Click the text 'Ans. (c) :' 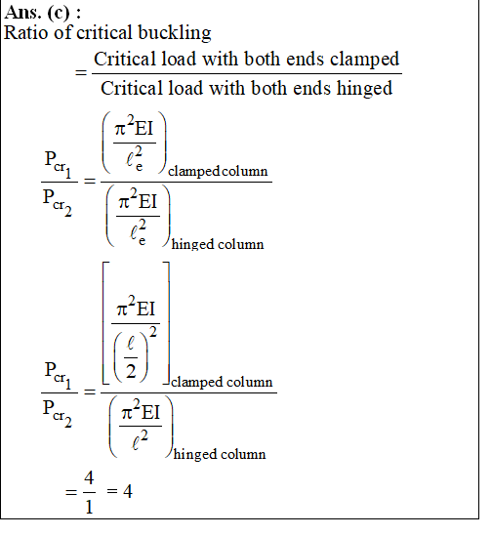[x=42, y=13]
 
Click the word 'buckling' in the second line [x=175, y=33]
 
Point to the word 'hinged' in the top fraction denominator [x=364, y=89]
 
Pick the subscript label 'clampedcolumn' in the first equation [x=218, y=171]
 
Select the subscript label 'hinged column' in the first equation [x=218, y=244]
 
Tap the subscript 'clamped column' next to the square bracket [x=222, y=382]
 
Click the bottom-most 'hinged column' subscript [x=220, y=454]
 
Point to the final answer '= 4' [x=119, y=491]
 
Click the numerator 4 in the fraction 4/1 [x=89, y=477]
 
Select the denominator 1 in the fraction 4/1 [x=89, y=507]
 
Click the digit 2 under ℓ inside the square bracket [x=131, y=371]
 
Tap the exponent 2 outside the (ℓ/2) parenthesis [x=153, y=331]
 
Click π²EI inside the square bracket [x=136, y=307]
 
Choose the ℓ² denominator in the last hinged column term [x=140, y=440]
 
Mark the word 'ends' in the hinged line [x=312, y=88]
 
